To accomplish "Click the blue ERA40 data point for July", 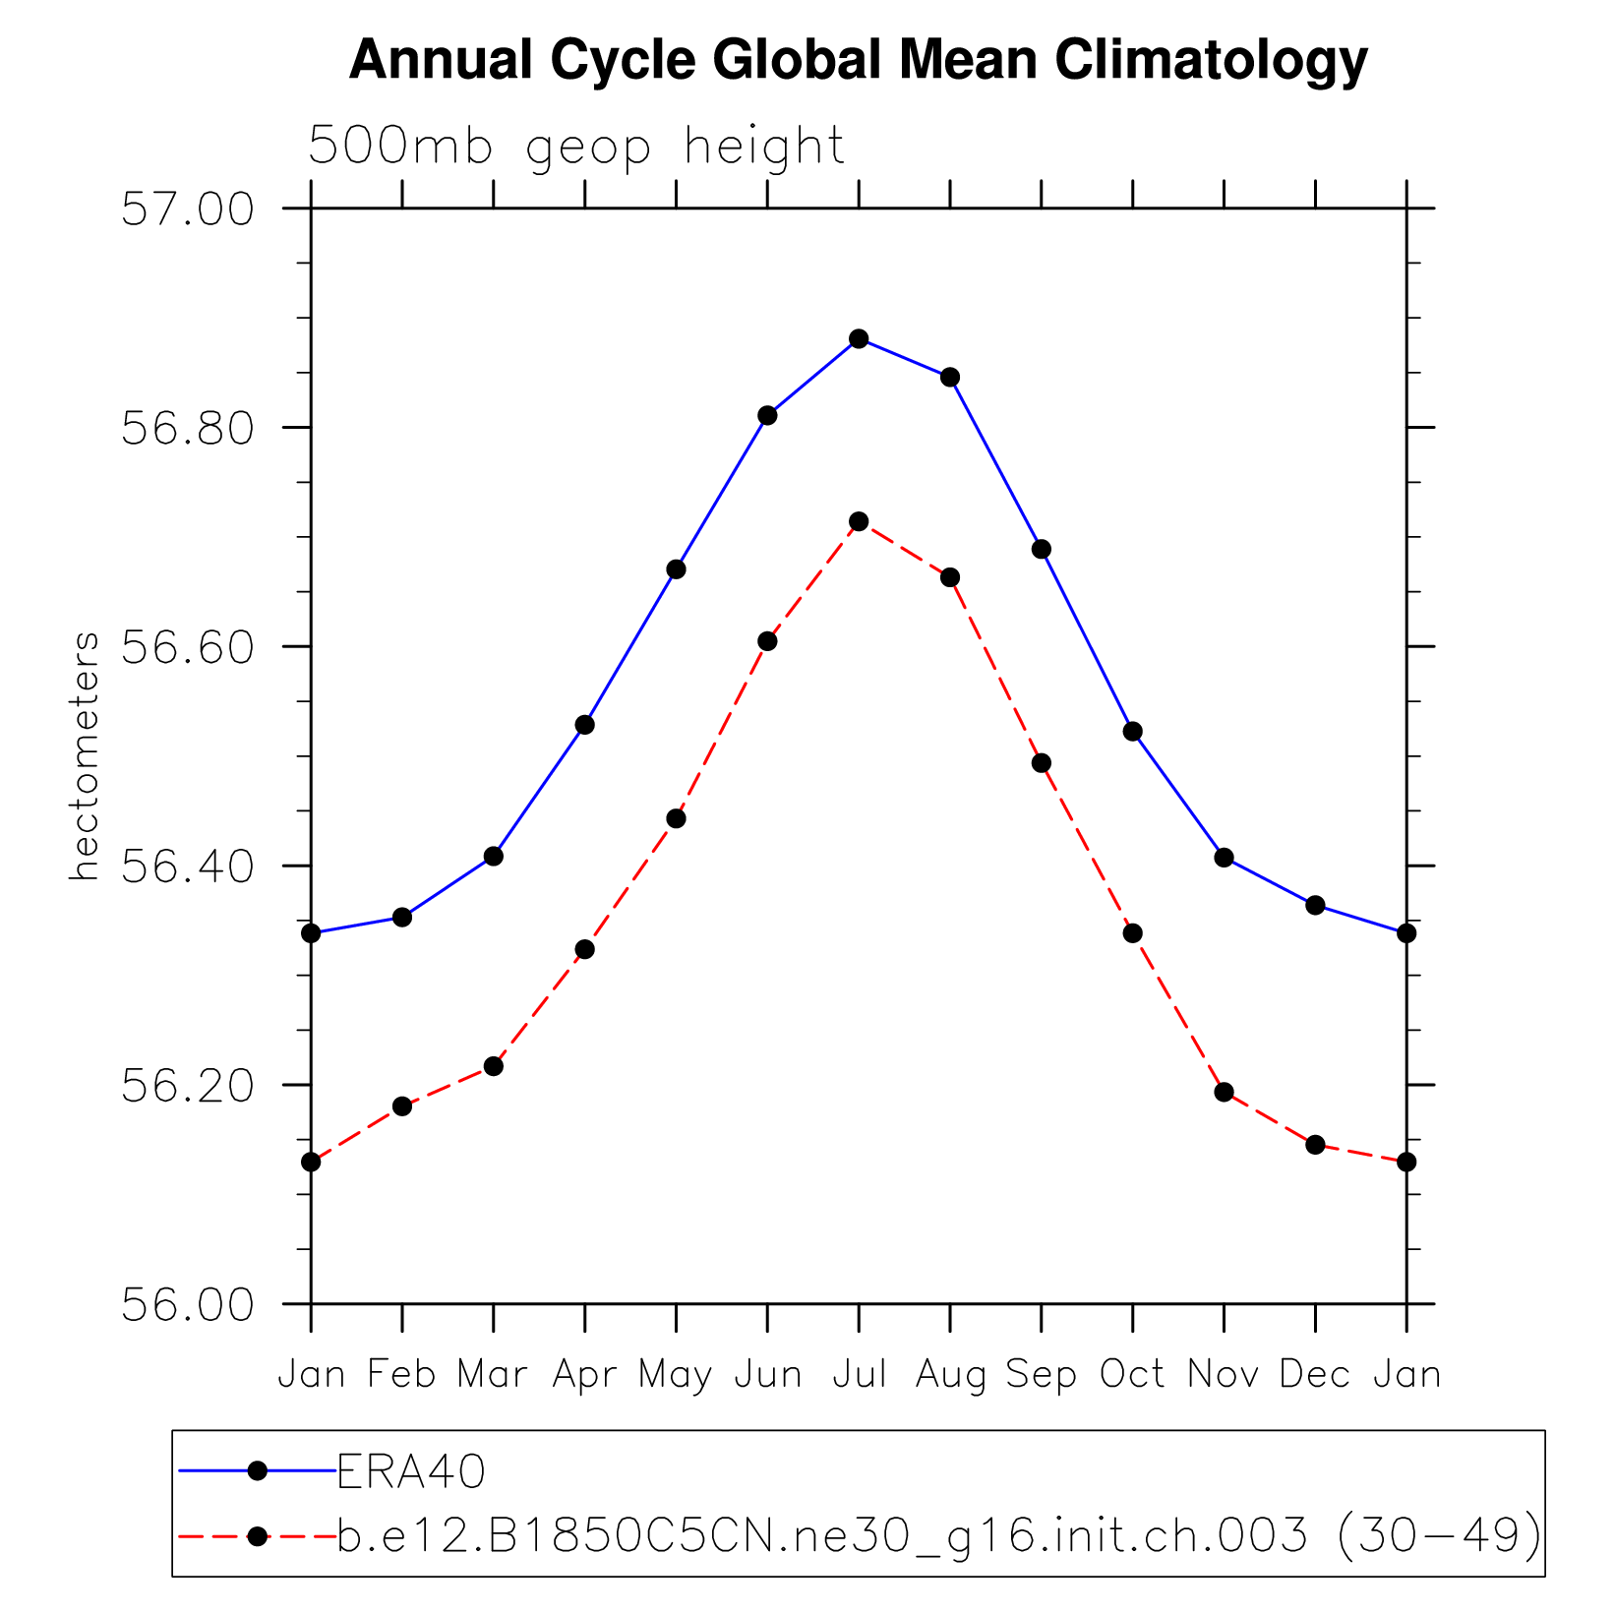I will pyautogui.click(x=859, y=338).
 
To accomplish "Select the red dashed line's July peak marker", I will pyautogui.click(x=859, y=521).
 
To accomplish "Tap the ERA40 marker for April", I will pyautogui.click(x=585, y=725).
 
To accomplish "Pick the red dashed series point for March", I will pyautogui.click(x=494, y=1066).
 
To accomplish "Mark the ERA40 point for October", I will pyautogui.click(x=1133, y=731).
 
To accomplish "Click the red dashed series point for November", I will pyautogui.click(x=1224, y=1092).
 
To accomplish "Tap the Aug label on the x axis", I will pyautogui.click(x=950, y=1374).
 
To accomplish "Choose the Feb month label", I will pyautogui.click(x=401, y=1374).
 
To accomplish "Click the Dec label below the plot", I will pyautogui.click(x=1315, y=1374).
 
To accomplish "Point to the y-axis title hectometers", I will pyautogui.click(x=85, y=755).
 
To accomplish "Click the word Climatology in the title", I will pyautogui.click(x=1212, y=61).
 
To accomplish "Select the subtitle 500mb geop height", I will pyautogui.click(x=576, y=147).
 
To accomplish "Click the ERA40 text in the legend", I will pyautogui.click(x=411, y=1472).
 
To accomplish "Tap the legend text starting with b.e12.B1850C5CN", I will pyautogui.click(x=939, y=1536).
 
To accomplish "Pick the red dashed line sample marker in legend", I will pyautogui.click(x=258, y=1536).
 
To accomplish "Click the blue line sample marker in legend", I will pyautogui.click(x=258, y=1471).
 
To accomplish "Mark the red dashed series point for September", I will pyautogui.click(x=1042, y=763).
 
